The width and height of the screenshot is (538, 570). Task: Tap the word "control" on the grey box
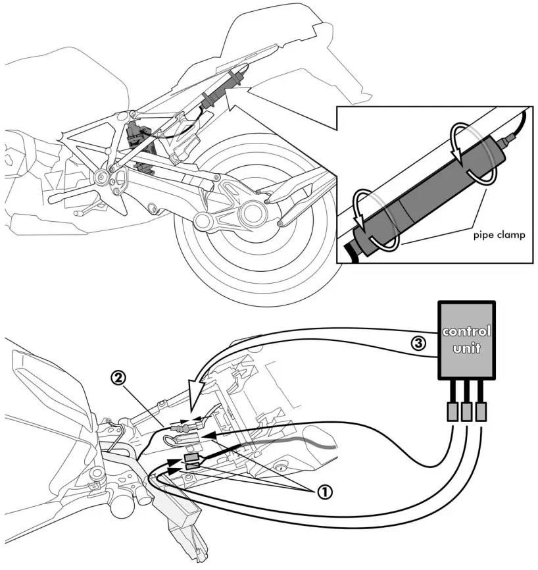pyautogui.click(x=466, y=331)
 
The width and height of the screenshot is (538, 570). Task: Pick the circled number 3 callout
pyautogui.click(x=416, y=342)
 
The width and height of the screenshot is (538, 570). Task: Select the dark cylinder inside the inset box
pyautogui.click(x=428, y=194)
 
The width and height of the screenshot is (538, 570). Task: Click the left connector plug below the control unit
pyautogui.click(x=452, y=413)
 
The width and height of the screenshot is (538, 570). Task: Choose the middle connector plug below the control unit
pyautogui.click(x=468, y=413)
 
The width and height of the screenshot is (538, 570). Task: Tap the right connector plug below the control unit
pyautogui.click(x=483, y=413)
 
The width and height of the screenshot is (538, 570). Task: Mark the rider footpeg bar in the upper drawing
pyautogui.click(x=62, y=196)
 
